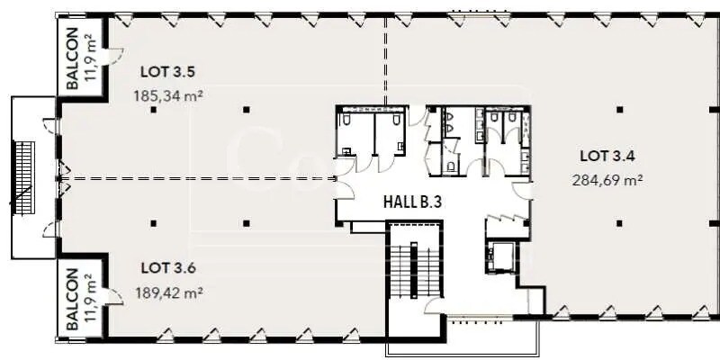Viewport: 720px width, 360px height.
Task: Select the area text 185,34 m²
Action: pyautogui.click(x=168, y=94)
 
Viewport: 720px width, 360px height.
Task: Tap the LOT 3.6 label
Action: pyautogui.click(x=166, y=268)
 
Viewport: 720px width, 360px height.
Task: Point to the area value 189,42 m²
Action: pyautogui.click(x=170, y=292)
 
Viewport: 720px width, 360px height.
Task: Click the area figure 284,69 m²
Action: pyautogui.click(x=607, y=179)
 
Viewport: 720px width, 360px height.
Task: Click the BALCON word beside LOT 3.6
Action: pyautogui.click(x=72, y=299)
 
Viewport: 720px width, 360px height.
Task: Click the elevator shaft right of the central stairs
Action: pyautogui.click(x=499, y=256)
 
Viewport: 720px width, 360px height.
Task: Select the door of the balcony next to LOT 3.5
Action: pyautogui.click(x=114, y=56)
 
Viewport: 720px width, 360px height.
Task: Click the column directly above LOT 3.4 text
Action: pyautogui.click(x=619, y=110)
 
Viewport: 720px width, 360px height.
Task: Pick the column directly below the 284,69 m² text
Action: pyautogui.click(x=619, y=222)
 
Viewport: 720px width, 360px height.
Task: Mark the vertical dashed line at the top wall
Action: pyautogui.click(x=386, y=54)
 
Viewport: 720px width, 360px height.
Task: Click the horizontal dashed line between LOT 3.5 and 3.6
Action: pyautogui.click(x=198, y=178)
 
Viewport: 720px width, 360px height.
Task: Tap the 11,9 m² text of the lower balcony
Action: pyautogui.click(x=90, y=300)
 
